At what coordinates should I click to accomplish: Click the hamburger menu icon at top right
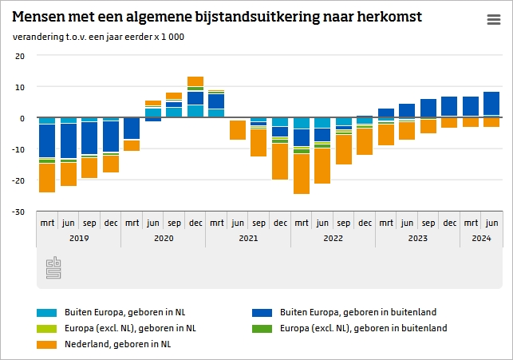[x=494, y=21]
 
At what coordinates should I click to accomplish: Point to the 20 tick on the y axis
[x=20, y=56]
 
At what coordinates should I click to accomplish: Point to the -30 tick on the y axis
[x=19, y=212]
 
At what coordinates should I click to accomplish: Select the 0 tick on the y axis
[x=22, y=118]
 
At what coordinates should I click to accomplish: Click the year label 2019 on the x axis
[x=78, y=238]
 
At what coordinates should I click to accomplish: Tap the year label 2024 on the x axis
[x=481, y=238]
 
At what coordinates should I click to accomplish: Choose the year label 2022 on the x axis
[x=333, y=238]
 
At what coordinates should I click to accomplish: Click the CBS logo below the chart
[x=53, y=268]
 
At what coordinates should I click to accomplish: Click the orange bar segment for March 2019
[x=47, y=177]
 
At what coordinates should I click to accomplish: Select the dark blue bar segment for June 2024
[x=491, y=104]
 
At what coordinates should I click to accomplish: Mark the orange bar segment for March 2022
[x=302, y=173]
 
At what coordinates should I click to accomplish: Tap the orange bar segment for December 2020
[x=195, y=81]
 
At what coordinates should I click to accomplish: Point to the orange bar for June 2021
[x=238, y=129]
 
